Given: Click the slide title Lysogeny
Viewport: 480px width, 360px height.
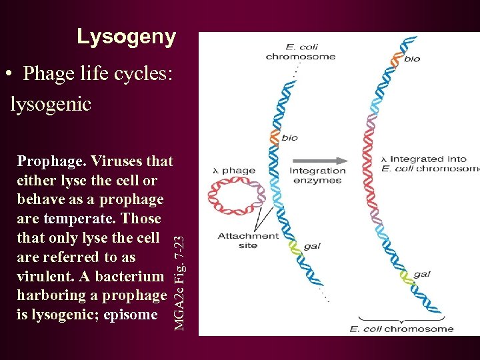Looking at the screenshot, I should point(126,37).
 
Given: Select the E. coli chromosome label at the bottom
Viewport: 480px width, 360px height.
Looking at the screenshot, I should point(402,328).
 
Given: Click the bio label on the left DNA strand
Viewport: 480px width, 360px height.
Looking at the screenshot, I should point(289,138).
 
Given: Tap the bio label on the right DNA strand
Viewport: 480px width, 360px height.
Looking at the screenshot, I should point(412,59).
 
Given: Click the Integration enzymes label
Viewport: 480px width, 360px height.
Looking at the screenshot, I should point(317,175).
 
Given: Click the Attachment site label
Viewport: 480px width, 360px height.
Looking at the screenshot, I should point(248,240).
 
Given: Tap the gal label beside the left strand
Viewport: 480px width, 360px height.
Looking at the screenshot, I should point(312,246).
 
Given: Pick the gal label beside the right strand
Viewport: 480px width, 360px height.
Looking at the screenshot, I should point(422,274).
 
